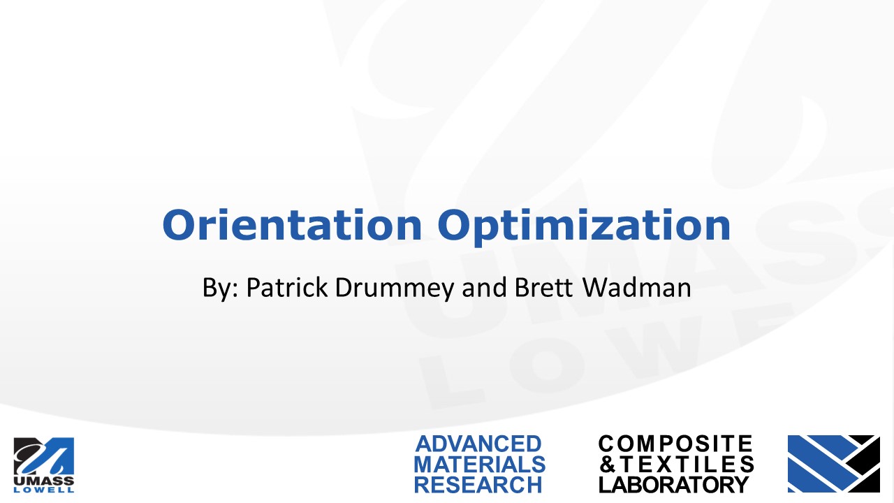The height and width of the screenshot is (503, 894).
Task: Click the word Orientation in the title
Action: coord(292,225)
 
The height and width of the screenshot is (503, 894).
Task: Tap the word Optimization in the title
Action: coord(584,227)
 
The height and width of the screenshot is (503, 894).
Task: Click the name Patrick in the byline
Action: coord(287,287)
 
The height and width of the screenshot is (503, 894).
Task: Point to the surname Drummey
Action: coord(395,289)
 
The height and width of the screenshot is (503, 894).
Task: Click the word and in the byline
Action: coord(484,287)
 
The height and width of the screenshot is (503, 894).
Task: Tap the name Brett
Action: coord(543,287)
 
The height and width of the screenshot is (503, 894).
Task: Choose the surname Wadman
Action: coord(637,287)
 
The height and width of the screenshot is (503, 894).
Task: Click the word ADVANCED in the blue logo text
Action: coord(478,444)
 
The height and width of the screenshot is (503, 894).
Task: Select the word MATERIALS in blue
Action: coord(479,465)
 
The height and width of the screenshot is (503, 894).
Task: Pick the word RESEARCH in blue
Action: coord(478,485)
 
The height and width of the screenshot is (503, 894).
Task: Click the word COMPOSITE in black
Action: coord(675,444)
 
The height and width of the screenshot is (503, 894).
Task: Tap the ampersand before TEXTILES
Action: coord(608,465)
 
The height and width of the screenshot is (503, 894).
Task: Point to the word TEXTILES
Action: coord(687,465)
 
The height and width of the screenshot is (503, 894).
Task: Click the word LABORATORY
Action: coord(674,485)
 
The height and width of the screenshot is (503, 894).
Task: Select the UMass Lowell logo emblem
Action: coord(44,456)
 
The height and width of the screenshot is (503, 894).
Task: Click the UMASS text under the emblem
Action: coord(44,481)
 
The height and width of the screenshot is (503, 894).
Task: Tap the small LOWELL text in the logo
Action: coord(44,490)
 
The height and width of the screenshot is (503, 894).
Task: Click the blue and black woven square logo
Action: coord(834,463)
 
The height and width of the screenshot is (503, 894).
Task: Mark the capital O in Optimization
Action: coord(454,225)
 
